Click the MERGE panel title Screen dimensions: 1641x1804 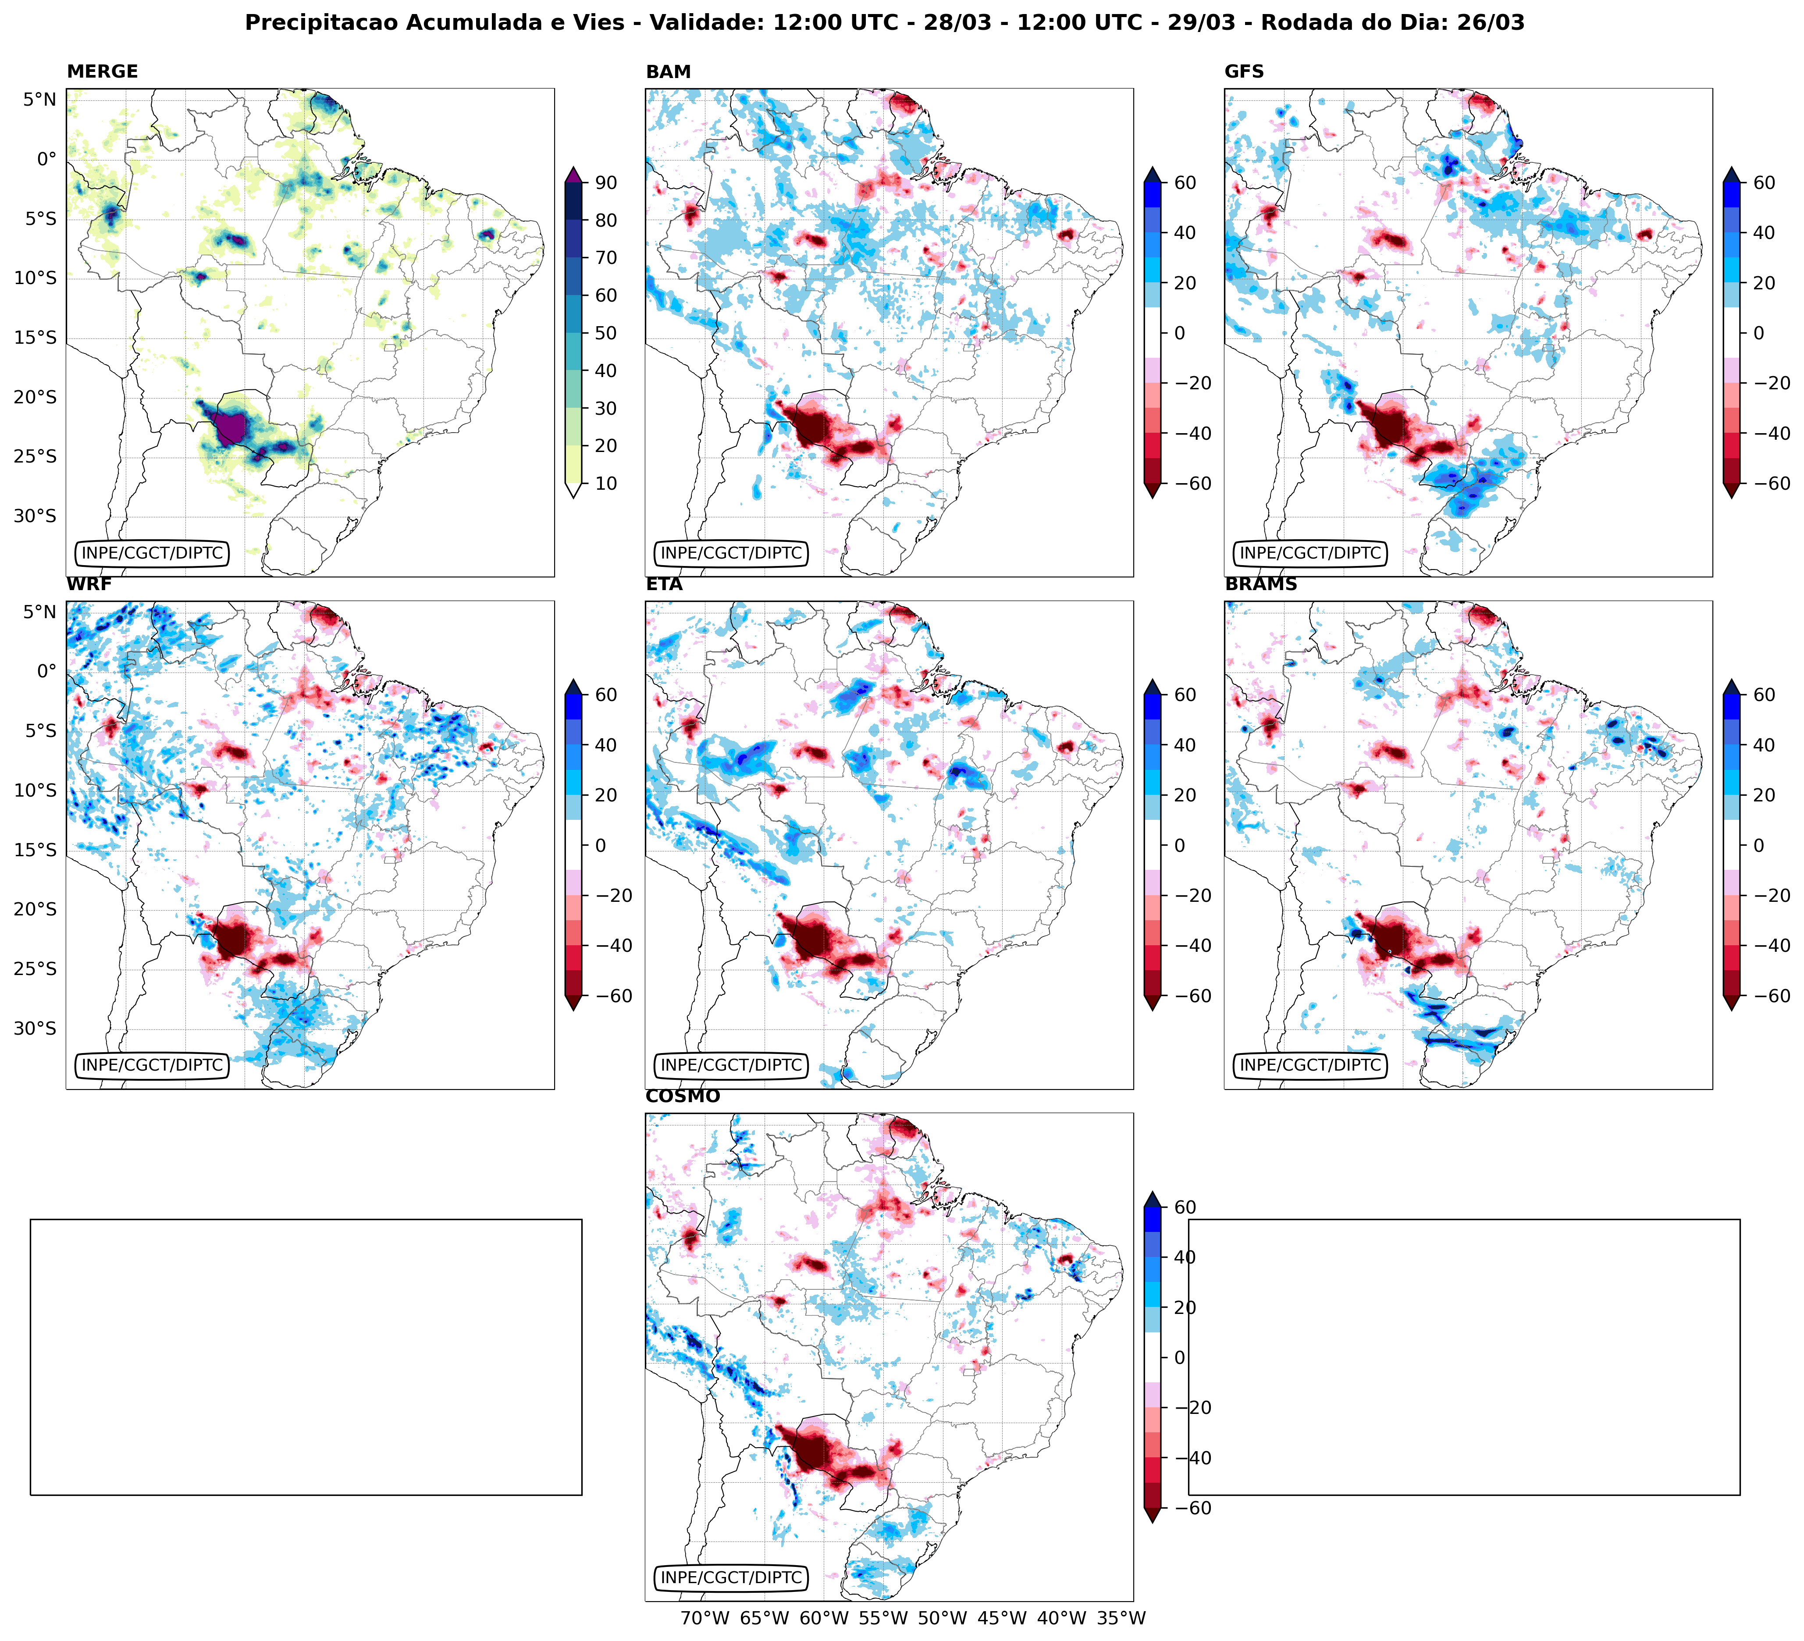click(x=102, y=71)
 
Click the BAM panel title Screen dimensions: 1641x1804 click(x=668, y=71)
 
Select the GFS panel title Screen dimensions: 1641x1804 click(x=1244, y=71)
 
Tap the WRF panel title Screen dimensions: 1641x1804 click(x=89, y=584)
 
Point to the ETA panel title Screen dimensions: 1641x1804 click(x=664, y=584)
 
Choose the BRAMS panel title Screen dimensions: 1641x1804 click(x=1261, y=584)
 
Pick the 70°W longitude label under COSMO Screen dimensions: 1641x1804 click(x=705, y=1618)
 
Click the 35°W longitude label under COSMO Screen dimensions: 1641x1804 click(x=1121, y=1618)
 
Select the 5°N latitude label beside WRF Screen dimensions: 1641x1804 click(x=39, y=612)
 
